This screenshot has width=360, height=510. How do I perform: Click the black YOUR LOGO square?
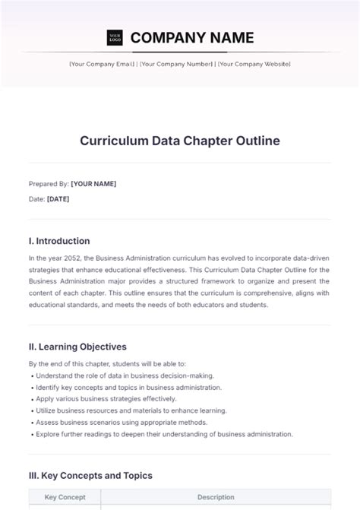[x=114, y=37]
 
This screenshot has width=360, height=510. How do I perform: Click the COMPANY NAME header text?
[x=192, y=37]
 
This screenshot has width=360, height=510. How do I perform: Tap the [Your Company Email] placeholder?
[x=103, y=65]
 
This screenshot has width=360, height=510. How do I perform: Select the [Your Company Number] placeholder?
[x=176, y=65]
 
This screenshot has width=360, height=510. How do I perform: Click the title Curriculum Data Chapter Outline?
[x=180, y=141]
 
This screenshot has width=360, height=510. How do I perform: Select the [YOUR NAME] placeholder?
[x=93, y=183]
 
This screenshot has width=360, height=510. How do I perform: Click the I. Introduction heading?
[x=59, y=241]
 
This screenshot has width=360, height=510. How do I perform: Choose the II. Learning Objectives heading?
[x=77, y=346]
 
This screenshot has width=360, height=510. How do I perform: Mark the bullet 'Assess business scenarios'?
[x=122, y=422]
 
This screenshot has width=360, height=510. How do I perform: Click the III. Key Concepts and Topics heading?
[x=90, y=475]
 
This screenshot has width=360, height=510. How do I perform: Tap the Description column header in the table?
[x=216, y=497]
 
